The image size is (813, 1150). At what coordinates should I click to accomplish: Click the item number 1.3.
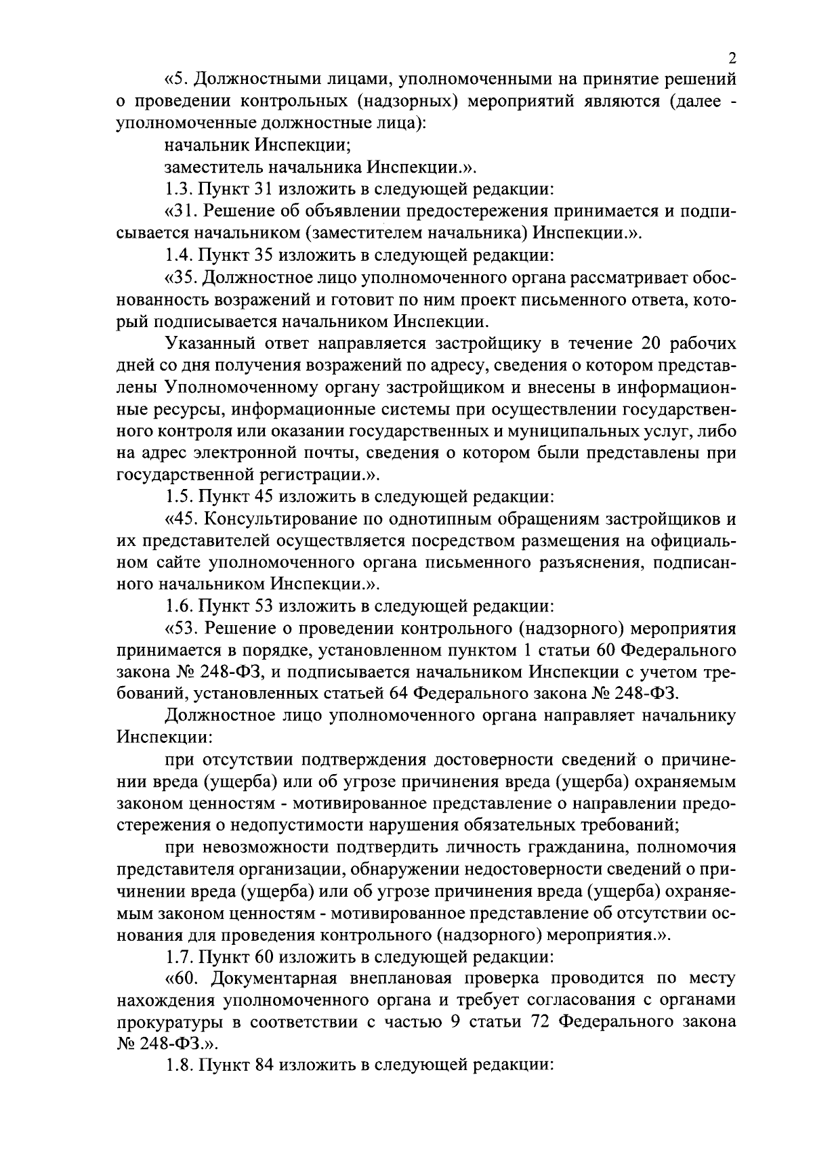(x=178, y=189)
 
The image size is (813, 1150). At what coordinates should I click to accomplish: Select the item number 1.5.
(x=178, y=496)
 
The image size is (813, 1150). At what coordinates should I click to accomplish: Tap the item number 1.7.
(x=178, y=957)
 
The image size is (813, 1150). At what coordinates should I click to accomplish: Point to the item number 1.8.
(x=178, y=1064)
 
